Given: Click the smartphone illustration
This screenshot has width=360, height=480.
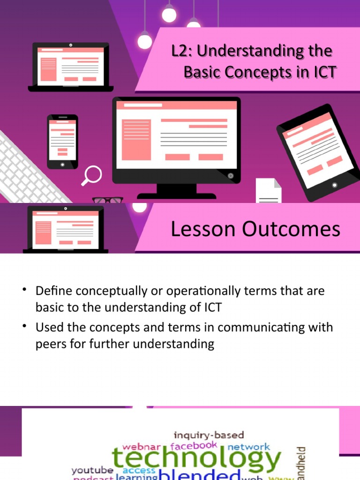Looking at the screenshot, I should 62,141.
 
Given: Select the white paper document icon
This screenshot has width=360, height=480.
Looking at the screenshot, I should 269,192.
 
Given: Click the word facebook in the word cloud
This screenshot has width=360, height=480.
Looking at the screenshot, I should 194,445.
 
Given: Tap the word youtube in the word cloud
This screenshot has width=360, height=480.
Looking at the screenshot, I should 92,470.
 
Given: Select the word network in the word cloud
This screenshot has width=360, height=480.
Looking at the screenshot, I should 248,447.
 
